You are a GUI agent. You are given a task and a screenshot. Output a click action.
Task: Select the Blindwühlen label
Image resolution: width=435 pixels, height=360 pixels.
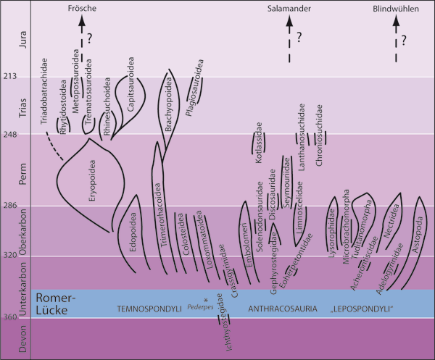396,7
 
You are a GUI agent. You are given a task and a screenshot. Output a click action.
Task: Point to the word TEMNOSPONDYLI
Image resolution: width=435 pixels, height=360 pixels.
149,310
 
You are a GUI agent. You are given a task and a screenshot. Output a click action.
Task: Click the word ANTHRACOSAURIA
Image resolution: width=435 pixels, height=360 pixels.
278,310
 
